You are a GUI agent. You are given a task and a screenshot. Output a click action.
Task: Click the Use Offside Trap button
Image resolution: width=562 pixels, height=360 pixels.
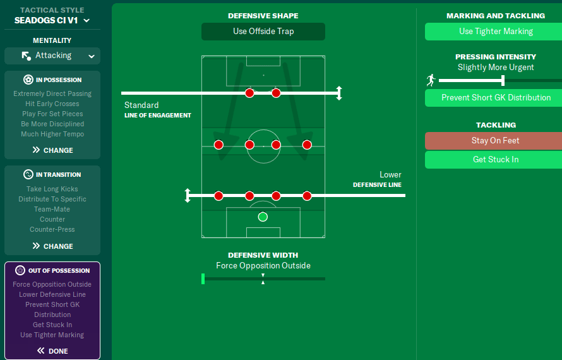point(263,32)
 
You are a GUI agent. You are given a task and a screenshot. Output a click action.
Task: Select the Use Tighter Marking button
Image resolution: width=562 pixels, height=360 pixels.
point(496,32)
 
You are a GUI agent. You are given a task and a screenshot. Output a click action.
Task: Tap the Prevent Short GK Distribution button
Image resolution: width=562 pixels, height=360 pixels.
point(496,98)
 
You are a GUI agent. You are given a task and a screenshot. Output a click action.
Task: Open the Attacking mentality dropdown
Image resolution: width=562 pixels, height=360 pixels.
point(52,56)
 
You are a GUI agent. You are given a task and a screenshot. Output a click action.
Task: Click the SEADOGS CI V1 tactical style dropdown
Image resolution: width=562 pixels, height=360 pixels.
point(52,20)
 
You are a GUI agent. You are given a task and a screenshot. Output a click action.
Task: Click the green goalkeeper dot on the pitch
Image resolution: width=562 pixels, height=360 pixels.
point(263,217)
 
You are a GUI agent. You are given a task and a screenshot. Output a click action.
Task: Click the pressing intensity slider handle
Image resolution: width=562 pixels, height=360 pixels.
point(503,80)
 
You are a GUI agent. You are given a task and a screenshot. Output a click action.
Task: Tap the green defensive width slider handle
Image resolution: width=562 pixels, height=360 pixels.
point(203,279)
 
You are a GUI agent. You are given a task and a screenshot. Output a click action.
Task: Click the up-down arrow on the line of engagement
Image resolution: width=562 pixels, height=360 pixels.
point(339,93)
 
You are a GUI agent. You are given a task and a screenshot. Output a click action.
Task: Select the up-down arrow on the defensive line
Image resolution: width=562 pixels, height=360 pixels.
point(188,196)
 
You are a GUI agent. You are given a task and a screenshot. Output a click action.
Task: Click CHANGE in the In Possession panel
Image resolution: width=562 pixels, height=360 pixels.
point(52,150)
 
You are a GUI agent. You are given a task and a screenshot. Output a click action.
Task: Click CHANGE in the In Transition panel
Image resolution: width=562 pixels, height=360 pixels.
point(52,246)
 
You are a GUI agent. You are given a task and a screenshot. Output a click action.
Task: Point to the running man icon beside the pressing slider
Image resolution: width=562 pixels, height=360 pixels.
point(431,80)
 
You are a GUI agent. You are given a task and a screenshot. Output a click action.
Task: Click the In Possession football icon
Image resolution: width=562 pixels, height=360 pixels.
point(28,80)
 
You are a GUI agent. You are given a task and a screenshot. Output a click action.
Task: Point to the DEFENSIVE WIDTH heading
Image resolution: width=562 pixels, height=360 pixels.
point(263,255)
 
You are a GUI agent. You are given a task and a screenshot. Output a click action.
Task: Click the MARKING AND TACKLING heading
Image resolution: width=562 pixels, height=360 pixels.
point(496,16)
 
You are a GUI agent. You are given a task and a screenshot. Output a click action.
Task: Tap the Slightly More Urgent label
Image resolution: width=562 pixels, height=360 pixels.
point(496,67)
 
